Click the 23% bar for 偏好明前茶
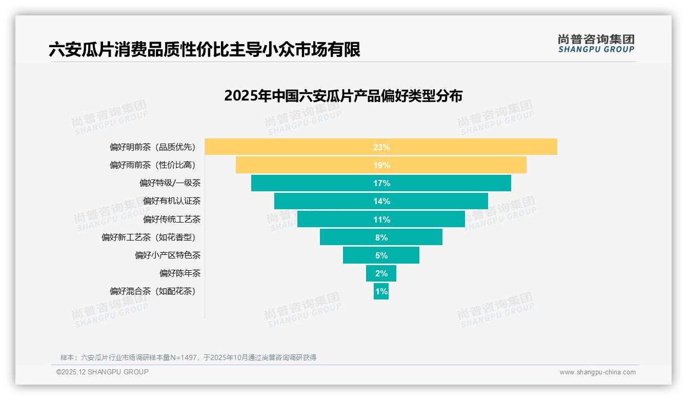click(381, 147)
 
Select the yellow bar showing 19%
click(381, 165)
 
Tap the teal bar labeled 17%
click(381, 183)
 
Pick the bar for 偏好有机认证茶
click(381, 201)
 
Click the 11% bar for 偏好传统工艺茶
click(381, 219)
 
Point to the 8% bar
click(381, 237)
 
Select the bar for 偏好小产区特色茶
click(381, 255)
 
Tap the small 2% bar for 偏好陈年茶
click(381, 273)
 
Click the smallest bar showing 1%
click(381, 291)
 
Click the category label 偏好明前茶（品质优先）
click(153, 147)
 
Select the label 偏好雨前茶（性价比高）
click(153, 165)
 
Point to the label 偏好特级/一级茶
click(170, 183)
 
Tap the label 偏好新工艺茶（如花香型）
click(149, 237)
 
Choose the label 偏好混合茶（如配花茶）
click(153, 291)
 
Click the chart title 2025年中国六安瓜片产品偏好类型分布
click(343, 96)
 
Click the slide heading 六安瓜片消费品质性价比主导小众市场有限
click(205, 49)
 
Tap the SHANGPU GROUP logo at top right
click(596, 44)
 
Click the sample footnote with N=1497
click(188, 357)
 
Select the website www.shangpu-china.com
click(597, 372)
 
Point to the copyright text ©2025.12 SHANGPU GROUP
click(103, 372)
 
